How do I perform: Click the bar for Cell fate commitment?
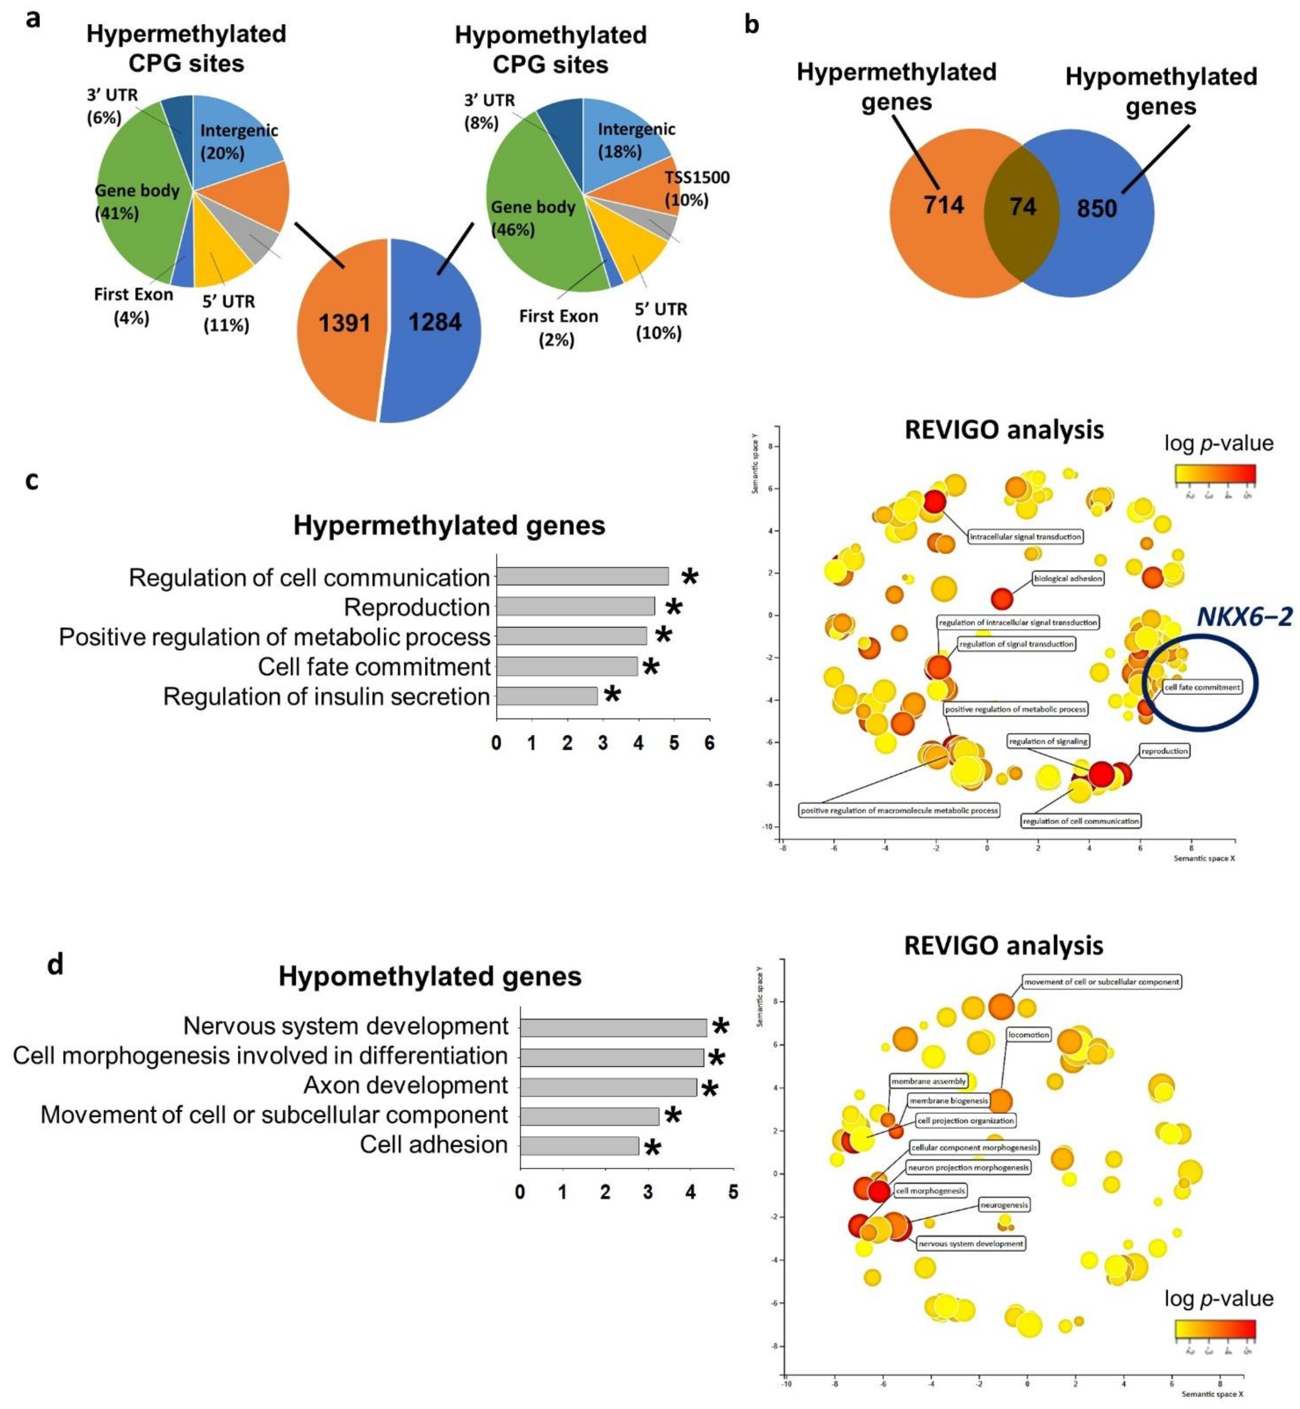coord(567,666)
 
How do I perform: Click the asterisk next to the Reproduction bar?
coord(674,608)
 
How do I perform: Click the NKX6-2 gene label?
coord(1244,617)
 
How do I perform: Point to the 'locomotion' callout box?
coord(1028,1035)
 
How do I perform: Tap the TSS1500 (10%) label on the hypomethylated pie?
coord(696,188)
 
